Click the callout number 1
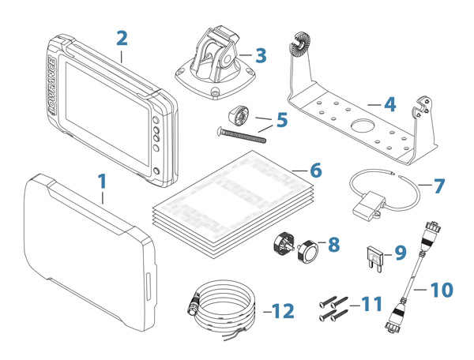[x=102, y=182]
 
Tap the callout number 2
[x=121, y=39]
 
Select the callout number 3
[x=261, y=55]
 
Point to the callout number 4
[x=389, y=103]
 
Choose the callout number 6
[x=316, y=170]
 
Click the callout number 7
[x=439, y=187]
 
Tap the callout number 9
[x=400, y=253]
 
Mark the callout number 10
[x=443, y=290]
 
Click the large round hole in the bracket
[x=363, y=127]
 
